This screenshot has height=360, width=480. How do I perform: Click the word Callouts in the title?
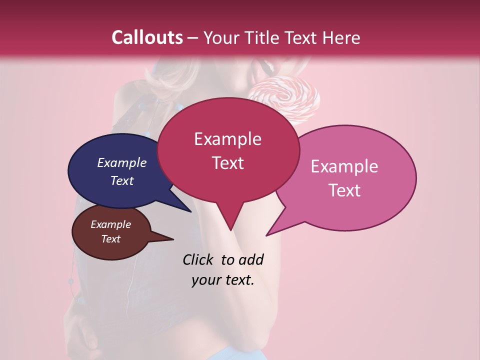147,37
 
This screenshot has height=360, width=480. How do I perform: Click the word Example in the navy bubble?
122,162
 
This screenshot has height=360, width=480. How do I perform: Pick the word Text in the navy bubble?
122,180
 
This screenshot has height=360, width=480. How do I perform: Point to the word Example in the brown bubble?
111,224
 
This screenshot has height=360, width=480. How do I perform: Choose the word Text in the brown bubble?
111,239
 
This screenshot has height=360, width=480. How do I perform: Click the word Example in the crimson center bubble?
227,139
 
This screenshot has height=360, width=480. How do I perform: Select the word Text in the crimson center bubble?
227,163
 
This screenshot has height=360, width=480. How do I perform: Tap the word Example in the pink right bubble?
344,166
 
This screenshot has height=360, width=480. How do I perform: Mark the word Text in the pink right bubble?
344,190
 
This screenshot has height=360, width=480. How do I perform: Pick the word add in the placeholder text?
250,260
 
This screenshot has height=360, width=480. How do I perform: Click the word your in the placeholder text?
204,280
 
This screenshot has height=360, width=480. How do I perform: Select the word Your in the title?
222,37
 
